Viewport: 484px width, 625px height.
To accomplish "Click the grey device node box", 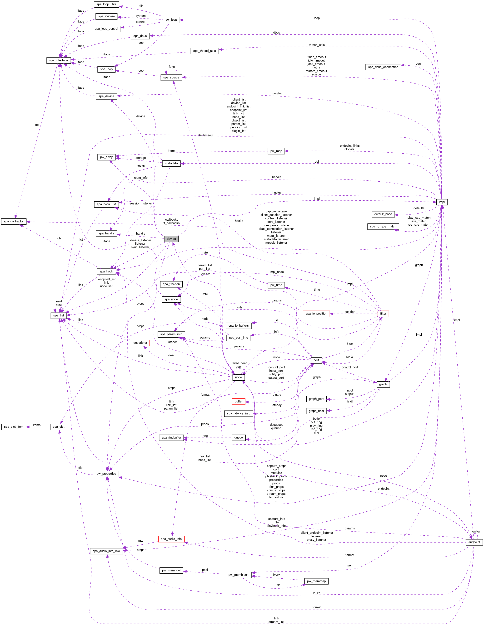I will pos(171,239).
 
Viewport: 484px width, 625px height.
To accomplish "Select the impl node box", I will pos(442,202).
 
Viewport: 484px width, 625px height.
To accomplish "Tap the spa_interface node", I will pos(59,60).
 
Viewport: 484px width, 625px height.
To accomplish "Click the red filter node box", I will pos(383,314).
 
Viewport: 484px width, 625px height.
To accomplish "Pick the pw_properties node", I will pos(106,474).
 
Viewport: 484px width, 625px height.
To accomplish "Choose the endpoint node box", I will pos(474,542).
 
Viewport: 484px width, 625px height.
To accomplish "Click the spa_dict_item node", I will pos(14,427).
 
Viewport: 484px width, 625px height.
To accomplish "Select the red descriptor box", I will pos(140,343).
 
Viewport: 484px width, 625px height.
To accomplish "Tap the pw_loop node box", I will pos(171,20).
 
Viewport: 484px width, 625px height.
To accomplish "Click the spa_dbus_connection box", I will pos(383,67).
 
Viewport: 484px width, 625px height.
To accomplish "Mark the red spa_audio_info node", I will pos(171,539).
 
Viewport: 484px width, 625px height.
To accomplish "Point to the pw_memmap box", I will pos(316,581).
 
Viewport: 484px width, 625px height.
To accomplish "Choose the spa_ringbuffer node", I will pos(171,438).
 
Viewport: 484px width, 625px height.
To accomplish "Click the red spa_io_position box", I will pos(316,314).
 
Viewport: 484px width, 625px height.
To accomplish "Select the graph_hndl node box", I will pos(316,411).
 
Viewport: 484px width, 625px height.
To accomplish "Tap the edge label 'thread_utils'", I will pos(316,45).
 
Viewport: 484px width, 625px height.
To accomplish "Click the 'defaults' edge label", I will pos(419,208).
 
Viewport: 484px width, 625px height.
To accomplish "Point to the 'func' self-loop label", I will pos(171,67).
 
